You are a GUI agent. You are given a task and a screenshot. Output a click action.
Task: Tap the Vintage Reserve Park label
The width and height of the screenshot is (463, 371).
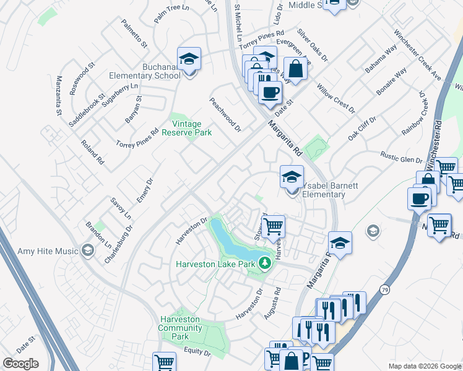click(x=186, y=129)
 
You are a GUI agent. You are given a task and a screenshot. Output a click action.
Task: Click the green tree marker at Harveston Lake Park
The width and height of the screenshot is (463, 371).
click(x=266, y=263)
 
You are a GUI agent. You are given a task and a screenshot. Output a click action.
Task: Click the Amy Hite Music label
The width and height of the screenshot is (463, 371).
click(x=49, y=251)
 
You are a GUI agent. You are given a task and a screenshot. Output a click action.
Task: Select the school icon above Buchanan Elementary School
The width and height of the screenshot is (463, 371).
click(x=189, y=60)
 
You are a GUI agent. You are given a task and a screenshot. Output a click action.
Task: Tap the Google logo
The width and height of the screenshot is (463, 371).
click(x=20, y=364)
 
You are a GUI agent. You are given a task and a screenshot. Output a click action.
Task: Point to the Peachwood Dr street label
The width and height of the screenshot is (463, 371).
click(x=225, y=114)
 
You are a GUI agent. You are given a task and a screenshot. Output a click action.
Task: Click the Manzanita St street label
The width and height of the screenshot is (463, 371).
click(x=59, y=96)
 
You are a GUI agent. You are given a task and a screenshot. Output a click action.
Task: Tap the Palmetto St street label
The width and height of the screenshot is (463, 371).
click(x=134, y=34)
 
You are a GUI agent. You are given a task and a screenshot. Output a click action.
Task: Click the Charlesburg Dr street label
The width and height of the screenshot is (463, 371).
click(x=119, y=244)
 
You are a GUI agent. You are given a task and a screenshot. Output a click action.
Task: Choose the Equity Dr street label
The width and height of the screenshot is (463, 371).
click(x=197, y=352)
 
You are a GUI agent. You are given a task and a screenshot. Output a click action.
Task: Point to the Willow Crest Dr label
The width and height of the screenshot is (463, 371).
click(x=336, y=98)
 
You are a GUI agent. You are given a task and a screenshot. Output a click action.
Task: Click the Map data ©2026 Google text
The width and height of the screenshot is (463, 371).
click(x=424, y=365)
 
